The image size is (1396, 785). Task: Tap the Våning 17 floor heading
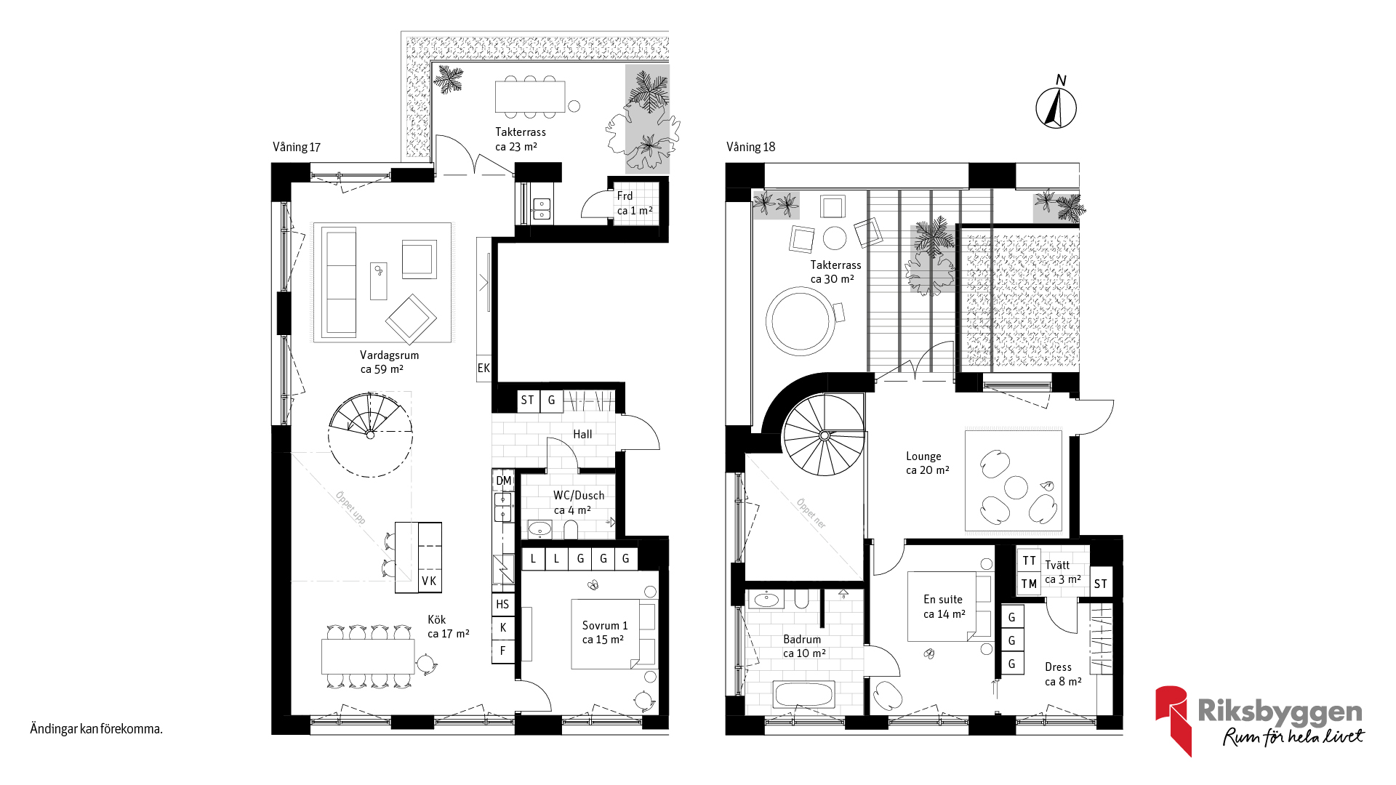[297, 147]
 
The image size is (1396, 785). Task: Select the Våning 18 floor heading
[750, 147]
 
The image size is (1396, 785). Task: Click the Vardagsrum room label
[389, 355]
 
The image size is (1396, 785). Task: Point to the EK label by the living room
[484, 369]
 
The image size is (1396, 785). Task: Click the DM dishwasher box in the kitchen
[503, 480]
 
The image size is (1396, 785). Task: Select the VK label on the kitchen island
[429, 581]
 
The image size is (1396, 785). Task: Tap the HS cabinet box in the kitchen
[502, 604]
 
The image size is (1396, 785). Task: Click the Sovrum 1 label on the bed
[605, 625]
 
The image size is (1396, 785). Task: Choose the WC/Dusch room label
[579, 496]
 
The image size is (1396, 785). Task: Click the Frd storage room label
[625, 196]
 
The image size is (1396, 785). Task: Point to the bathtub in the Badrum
[803, 694]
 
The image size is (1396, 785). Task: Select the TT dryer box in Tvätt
[1029, 560]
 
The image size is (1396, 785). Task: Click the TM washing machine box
[1029, 584]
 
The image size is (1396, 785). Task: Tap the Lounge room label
[923, 456]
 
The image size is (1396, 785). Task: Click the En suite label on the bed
[943, 600]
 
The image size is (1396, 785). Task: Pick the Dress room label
[1058, 667]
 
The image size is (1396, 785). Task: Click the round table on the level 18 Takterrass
[801, 321]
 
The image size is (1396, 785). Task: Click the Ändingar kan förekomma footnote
[96, 729]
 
